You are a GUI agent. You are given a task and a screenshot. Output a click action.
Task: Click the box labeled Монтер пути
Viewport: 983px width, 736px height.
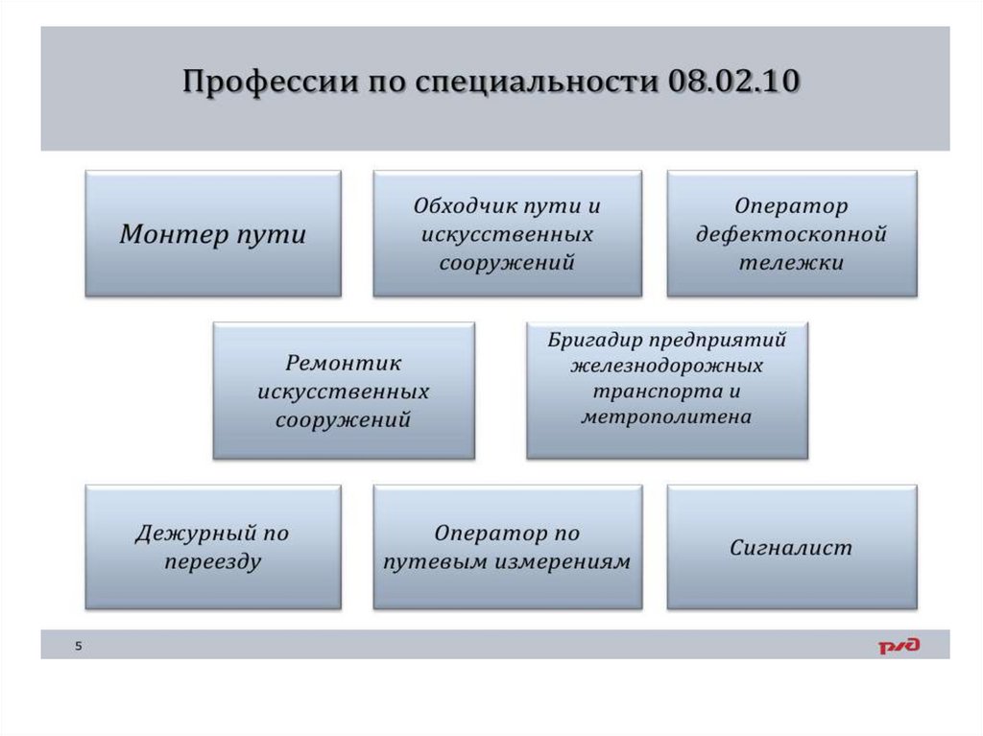coord(212,233)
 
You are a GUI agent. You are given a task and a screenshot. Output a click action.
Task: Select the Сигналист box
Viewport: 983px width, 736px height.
coord(791,548)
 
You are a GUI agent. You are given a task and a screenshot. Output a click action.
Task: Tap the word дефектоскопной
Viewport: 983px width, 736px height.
coord(791,234)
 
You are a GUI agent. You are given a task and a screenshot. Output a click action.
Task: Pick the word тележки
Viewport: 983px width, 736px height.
coord(791,262)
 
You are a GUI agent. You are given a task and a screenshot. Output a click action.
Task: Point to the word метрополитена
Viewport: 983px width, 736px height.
coord(666,416)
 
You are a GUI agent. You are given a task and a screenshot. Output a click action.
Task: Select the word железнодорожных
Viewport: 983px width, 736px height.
coord(666,366)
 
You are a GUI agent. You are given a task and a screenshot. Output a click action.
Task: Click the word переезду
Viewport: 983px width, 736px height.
coord(212,561)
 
